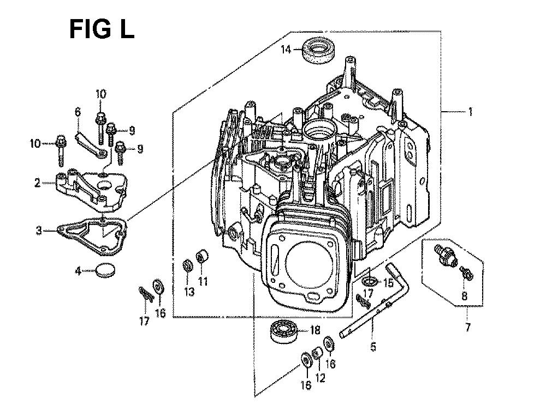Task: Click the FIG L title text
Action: pyautogui.click(x=102, y=29)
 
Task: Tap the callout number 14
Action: pyautogui.click(x=286, y=50)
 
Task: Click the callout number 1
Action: pyautogui.click(x=470, y=112)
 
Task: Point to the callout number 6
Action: pyautogui.click(x=78, y=112)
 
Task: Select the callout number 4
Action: pyautogui.click(x=79, y=271)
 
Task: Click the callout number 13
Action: pyautogui.click(x=189, y=292)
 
